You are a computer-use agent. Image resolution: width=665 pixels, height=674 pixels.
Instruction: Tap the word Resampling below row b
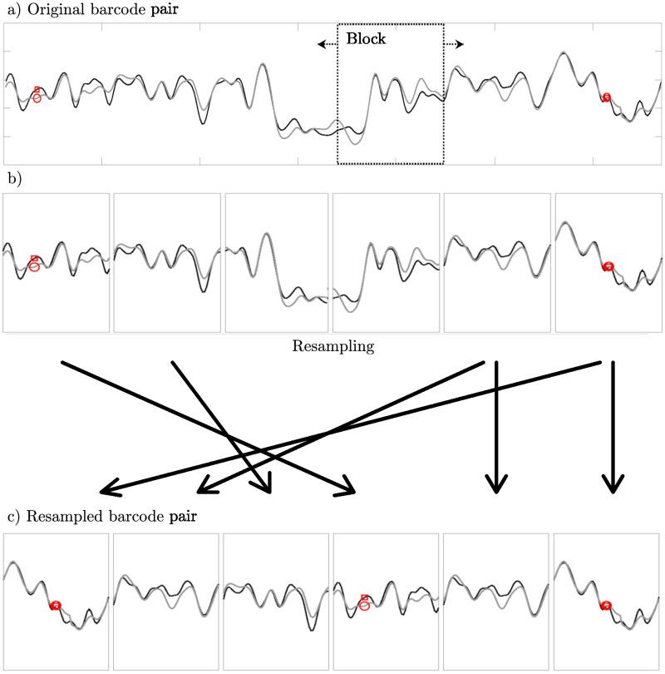click(332, 345)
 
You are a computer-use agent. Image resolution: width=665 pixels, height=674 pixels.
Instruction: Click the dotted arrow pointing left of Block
click(326, 43)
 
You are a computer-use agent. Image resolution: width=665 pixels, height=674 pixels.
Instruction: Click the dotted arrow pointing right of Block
click(454, 43)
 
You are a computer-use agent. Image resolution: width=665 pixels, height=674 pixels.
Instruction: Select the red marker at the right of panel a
click(607, 97)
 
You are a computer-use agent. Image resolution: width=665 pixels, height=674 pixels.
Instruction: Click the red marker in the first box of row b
click(34, 263)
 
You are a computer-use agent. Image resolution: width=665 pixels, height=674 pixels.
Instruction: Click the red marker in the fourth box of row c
click(364, 602)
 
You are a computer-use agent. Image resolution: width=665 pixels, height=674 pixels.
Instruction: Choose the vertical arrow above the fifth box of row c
click(496, 424)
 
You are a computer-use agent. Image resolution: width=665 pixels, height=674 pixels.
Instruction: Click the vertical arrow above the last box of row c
click(613, 424)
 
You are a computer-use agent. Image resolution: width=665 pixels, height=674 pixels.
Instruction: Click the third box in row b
click(276, 263)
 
